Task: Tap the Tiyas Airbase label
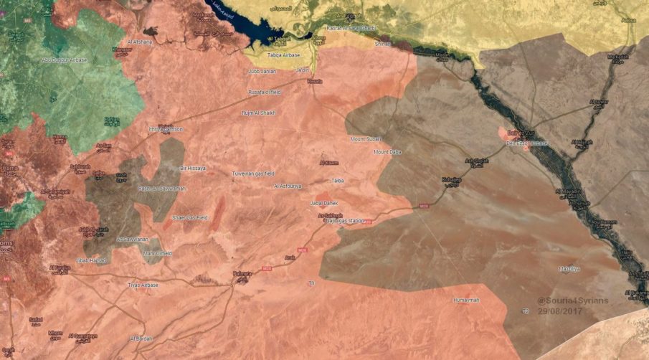(143, 285)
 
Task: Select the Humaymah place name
(466, 300)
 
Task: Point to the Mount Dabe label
(387, 152)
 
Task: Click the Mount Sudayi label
(366, 138)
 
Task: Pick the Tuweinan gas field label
(253, 174)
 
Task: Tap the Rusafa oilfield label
(264, 93)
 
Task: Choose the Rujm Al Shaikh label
(259, 113)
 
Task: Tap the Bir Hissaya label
(192, 168)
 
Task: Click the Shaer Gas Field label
(190, 217)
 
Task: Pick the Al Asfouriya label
(288, 186)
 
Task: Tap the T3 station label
(311, 283)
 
